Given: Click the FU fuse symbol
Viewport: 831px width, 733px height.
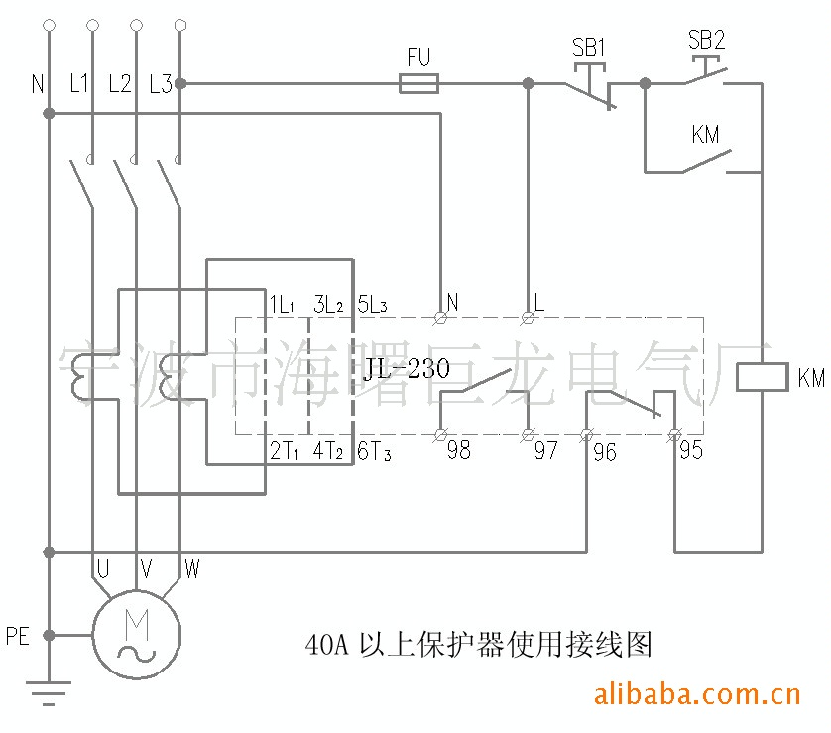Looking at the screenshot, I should pyautogui.click(x=418, y=84).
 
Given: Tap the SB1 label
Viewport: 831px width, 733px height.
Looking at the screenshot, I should pyautogui.click(x=589, y=47).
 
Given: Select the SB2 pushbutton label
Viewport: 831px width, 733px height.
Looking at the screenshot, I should pyautogui.click(x=706, y=41).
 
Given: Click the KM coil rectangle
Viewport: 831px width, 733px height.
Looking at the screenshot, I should pyautogui.click(x=761, y=378).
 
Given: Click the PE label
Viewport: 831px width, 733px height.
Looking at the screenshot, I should pyautogui.click(x=18, y=636).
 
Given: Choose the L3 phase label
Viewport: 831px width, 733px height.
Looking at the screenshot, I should pyautogui.click(x=160, y=85).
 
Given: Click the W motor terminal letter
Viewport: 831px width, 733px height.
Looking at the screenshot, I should pyautogui.click(x=191, y=569).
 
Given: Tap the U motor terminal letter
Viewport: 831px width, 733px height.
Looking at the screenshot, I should pyautogui.click(x=102, y=569).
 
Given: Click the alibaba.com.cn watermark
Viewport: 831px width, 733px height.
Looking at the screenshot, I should pyautogui.click(x=696, y=692).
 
